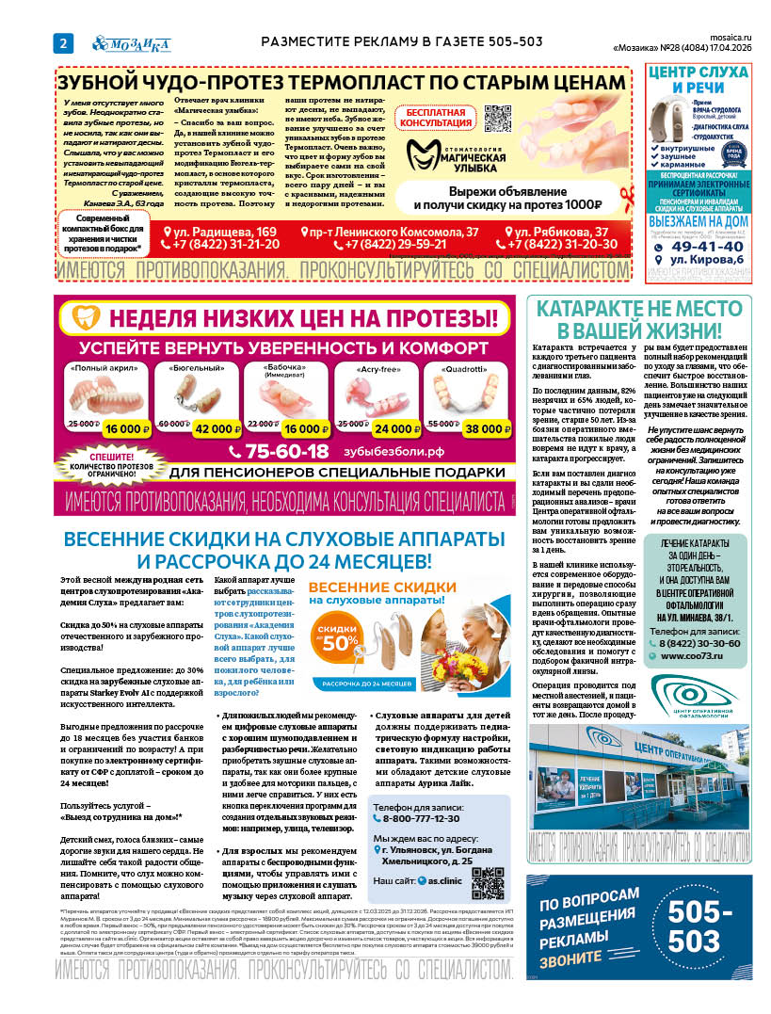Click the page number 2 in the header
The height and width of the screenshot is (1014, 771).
click(x=62, y=42)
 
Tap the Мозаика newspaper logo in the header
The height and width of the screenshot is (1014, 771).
click(x=131, y=42)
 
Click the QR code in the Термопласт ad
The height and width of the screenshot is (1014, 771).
click(x=497, y=119)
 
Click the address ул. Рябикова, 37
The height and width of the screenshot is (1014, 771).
click(x=561, y=232)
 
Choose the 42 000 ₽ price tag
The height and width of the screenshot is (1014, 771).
click(x=211, y=428)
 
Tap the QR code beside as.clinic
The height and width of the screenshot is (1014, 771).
click(x=488, y=882)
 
